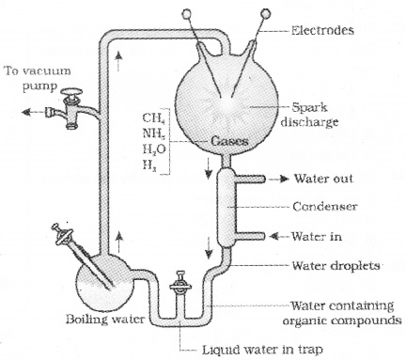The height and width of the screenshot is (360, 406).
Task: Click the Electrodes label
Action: (x=322, y=30)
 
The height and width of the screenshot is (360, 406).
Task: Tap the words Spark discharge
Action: (x=309, y=115)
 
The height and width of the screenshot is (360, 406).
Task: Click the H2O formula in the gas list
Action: (x=154, y=149)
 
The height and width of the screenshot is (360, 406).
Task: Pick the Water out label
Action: (x=323, y=179)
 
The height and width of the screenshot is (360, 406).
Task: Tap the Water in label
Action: (x=317, y=236)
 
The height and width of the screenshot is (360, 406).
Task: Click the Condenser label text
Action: (x=325, y=207)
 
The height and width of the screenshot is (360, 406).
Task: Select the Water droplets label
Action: (x=336, y=266)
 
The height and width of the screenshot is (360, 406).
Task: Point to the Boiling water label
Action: (x=105, y=319)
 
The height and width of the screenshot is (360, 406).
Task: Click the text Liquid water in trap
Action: (x=262, y=349)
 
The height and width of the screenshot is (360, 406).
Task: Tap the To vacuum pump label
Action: (x=38, y=78)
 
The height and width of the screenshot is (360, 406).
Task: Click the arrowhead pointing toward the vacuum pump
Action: (x=26, y=112)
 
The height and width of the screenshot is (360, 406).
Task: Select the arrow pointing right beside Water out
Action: (x=279, y=179)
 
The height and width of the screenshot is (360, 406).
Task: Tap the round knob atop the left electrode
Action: (x=187, y=13)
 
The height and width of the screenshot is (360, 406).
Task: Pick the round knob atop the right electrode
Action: (x=266, y=13)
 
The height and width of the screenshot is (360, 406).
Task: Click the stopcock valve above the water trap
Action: (x=180, y=285)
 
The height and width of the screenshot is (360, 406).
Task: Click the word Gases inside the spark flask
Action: (x=229, y=141)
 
